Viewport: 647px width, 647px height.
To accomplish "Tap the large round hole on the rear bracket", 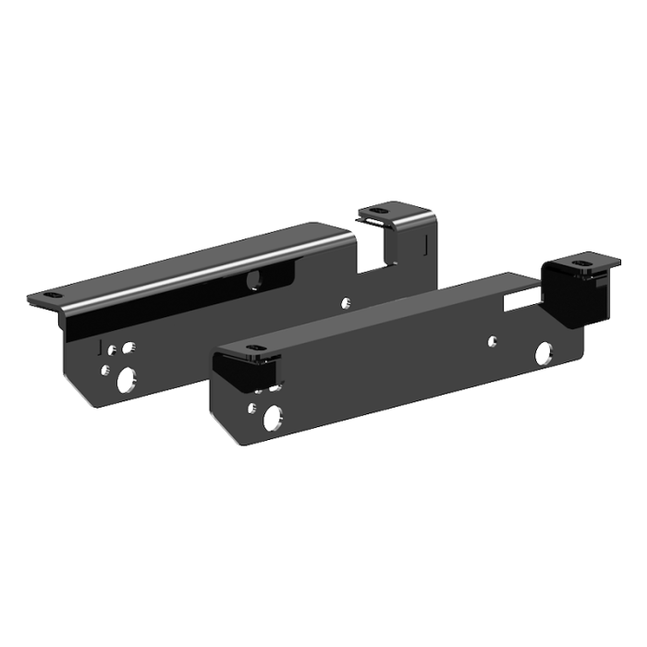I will [126, 379].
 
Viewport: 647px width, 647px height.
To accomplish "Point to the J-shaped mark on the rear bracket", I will [99, 347].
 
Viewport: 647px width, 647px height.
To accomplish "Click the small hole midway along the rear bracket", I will [346, 301].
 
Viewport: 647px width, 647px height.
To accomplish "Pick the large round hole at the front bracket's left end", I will [275, 419].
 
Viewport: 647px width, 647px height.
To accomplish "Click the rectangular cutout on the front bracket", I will [520, 300].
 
